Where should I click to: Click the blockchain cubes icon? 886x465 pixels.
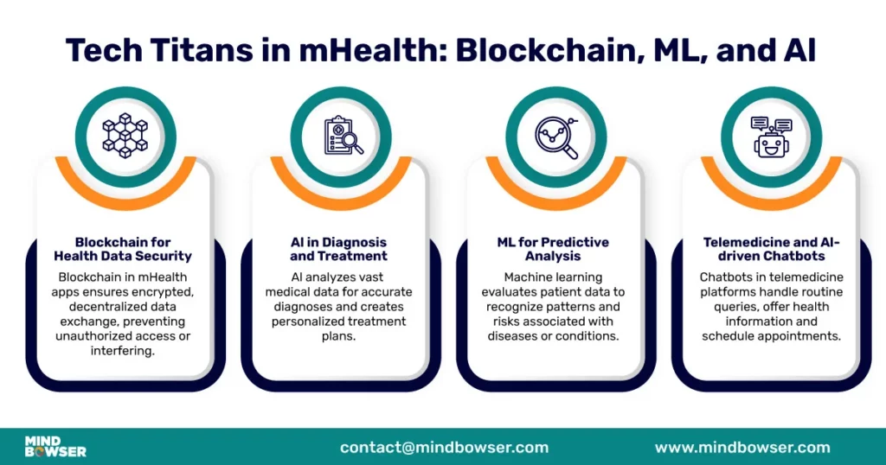click(x=125, y=136)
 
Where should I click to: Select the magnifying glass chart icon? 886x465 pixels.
click(x=556, y=136)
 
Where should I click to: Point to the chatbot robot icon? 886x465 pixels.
click(x=771, y=136)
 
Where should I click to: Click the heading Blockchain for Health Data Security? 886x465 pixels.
click(x=123, y=249)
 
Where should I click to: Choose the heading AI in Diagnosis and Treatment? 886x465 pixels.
click(x=338, y=249)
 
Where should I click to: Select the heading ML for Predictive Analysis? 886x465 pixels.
click(x=553, y=249)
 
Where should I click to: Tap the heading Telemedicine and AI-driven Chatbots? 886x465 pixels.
click(x=770, y=249)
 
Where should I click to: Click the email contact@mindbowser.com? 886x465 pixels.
click(x=444, y=447)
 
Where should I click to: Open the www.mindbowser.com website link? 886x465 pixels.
click(x=742, y=447)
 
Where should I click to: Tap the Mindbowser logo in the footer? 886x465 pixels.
click(x=55, y=446)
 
